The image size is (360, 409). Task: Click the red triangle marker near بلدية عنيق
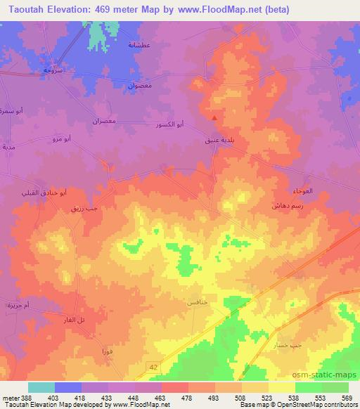click(214, 119)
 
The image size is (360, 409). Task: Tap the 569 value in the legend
click(347, 398)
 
